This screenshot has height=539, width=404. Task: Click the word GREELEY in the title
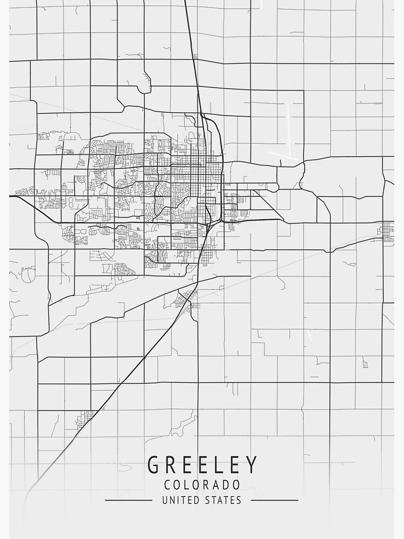202,465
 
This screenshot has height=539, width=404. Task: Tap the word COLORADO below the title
202,485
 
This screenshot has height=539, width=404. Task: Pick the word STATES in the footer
223,500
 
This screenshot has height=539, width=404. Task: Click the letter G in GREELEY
154,465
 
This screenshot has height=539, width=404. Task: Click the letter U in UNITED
165,500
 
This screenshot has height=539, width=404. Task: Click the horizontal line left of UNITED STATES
128,501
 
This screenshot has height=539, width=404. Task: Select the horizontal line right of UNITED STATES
275,501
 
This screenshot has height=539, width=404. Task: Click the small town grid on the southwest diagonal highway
85,417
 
